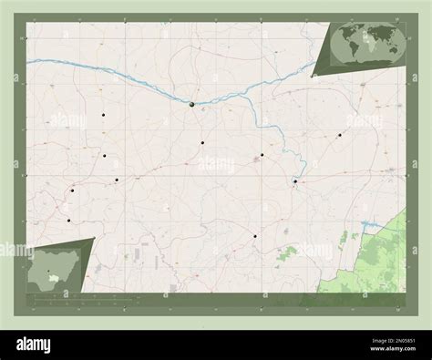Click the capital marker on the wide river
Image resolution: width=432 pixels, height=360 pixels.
[192, 105]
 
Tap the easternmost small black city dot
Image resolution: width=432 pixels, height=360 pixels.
[339, 135]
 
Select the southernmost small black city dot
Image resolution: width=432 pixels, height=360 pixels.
[255, 236]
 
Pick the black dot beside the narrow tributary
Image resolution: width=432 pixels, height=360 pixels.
[295, 181]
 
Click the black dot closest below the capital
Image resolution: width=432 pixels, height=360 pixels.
[202, 142]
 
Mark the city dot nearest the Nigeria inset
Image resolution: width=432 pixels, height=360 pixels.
[68, 220]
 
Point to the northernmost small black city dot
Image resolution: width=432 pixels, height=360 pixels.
[104, 115]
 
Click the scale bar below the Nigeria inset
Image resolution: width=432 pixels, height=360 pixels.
[55, 296]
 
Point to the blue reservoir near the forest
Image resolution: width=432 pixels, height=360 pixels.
[368, 223]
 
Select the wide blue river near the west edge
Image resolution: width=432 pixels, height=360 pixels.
[55, 63]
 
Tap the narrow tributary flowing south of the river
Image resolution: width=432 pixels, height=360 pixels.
[273, 137]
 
